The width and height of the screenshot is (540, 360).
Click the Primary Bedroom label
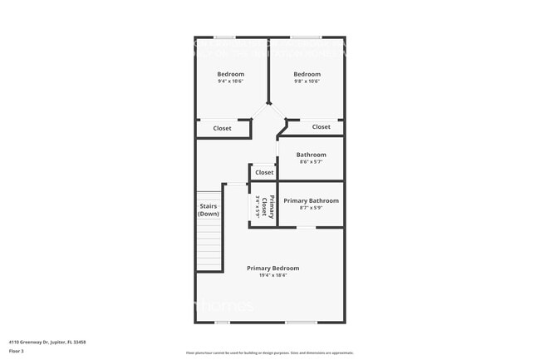272,268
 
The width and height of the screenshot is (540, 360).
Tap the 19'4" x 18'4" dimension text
272,275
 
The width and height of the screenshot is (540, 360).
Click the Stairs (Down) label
209,210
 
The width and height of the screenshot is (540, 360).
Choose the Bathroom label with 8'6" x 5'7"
312,155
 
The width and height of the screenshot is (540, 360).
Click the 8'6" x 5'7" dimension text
312,162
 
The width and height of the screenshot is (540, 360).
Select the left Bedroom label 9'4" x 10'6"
231,74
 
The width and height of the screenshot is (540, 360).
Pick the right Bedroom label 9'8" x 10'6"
307,74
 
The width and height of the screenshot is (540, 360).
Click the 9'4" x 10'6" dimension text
231,81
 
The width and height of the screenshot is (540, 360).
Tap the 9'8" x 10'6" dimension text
307,81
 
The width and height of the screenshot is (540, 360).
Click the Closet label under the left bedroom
223,128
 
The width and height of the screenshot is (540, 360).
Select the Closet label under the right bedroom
322,126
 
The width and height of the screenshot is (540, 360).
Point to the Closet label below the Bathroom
264,173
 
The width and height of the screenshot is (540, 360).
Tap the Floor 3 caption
17,351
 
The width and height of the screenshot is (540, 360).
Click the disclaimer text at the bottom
269,353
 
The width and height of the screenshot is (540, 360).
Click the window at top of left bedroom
224,37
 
